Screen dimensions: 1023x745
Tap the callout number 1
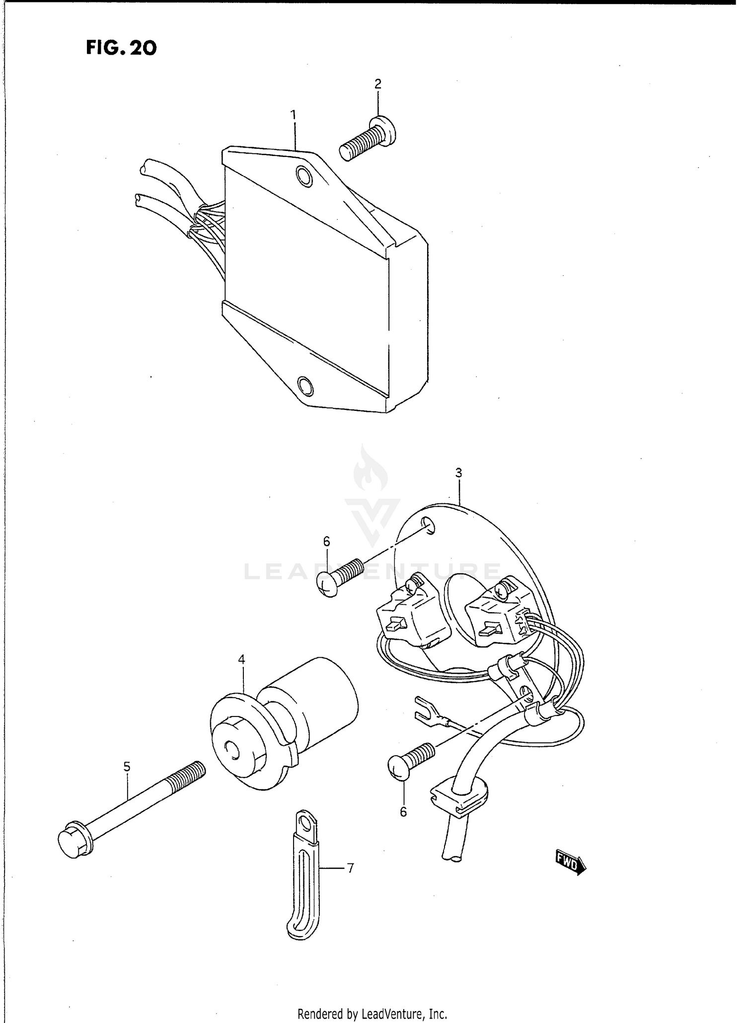click(x=294, y=115)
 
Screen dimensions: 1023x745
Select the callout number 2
click(x=378, y=84)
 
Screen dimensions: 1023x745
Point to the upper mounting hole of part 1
click(x=304, y=175)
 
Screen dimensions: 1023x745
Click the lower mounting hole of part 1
click(x=305, y=385)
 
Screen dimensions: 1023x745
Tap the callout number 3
click(x=458, y=472)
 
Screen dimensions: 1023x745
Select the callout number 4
click(x=241, y=659)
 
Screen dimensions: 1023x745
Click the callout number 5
click(x=127, y=767)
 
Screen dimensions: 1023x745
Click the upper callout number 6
click(x=326, y=541)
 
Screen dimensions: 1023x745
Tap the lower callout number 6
click(x=403, y=811)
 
